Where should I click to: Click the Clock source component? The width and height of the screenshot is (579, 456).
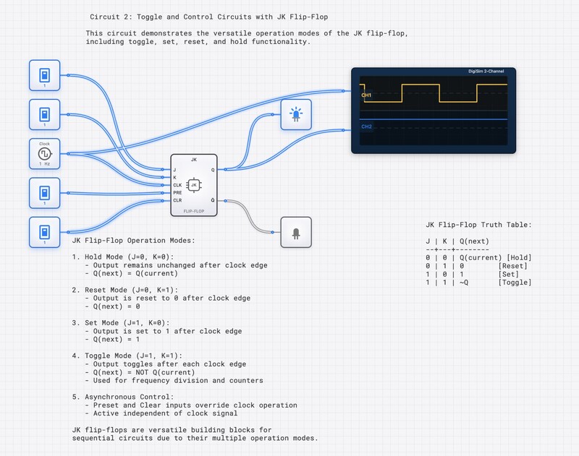pos(45,153)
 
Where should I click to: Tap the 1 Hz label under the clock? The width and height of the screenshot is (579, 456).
pos(45,164)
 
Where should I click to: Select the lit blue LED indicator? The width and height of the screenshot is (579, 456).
pos(296,114)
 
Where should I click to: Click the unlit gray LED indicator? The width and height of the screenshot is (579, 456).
pos(296,233)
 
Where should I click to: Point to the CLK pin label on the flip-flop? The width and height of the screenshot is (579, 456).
pos(179,185)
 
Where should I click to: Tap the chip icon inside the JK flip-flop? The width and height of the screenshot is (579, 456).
pos(194,185)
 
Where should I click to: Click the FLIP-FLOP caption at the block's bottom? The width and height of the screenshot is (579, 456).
pos(194,212)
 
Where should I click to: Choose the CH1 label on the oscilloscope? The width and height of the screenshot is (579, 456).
pos(366,95)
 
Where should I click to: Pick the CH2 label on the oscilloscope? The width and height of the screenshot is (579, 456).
pos(366,126)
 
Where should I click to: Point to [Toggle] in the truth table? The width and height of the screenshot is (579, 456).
pos(515,282)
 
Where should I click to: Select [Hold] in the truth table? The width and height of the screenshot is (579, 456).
pos(519,257)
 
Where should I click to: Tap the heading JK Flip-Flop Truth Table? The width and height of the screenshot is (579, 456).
pos(478,225)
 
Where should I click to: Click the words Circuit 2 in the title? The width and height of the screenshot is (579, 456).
pos(111,16)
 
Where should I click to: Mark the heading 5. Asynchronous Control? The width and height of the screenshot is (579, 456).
pos(123,397)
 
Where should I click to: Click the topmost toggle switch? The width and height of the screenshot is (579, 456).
pos(45,75)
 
